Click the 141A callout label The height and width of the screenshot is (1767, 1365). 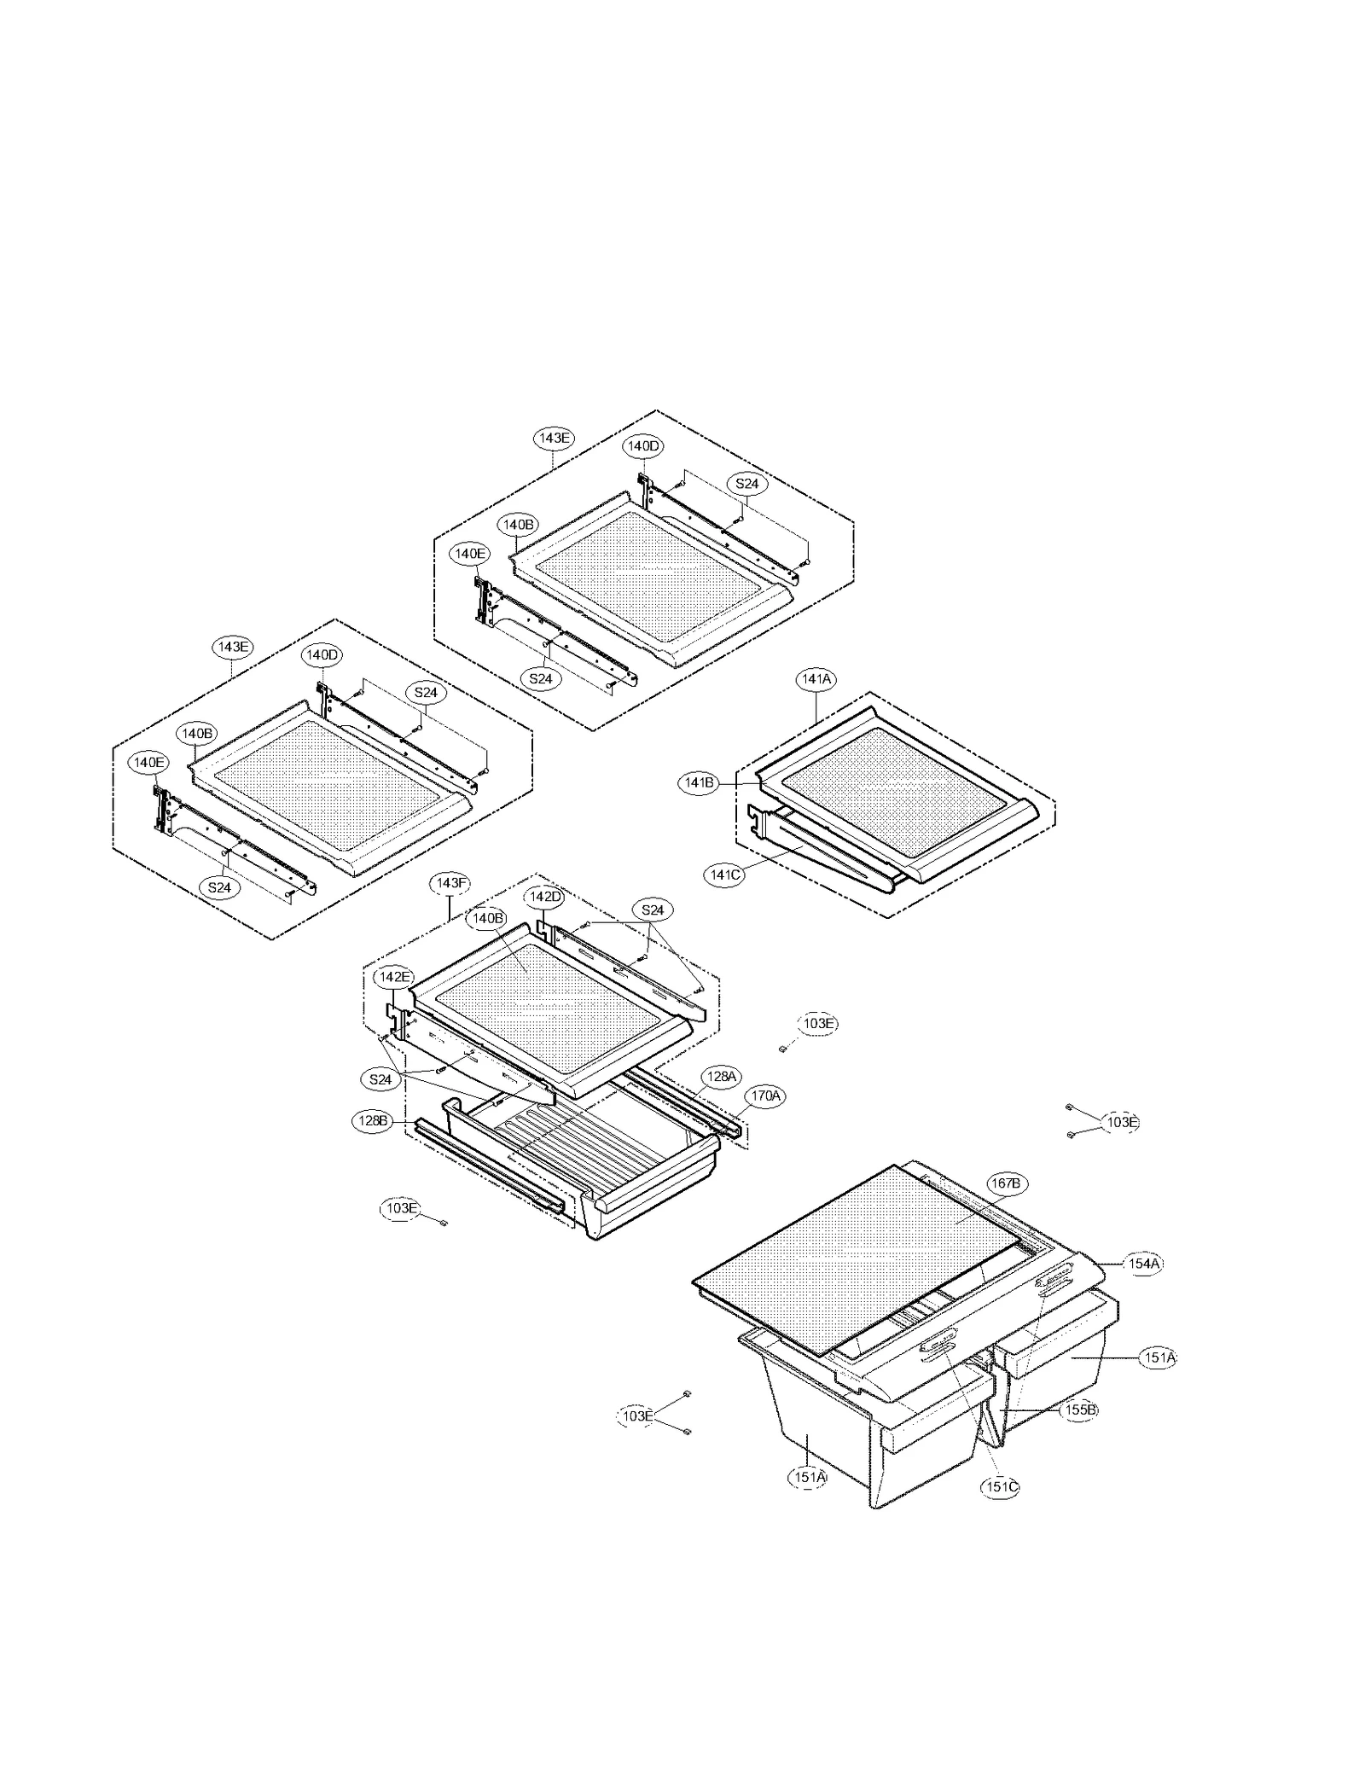(816, 679)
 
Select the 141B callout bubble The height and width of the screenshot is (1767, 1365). (699, 783)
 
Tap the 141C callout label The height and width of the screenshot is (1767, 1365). (724, 875)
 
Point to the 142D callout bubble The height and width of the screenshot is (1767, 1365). (545, 897)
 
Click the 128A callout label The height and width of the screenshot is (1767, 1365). (721, 1076)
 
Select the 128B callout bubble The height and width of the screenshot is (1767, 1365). (372, 1121)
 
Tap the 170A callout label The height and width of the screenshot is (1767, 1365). (765, 1096)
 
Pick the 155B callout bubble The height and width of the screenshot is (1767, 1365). (1078, 1410)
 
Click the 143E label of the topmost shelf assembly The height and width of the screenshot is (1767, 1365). (555, 438)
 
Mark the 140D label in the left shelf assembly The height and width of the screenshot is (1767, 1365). (322, 655)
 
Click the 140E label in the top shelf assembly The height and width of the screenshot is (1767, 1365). (470, 554)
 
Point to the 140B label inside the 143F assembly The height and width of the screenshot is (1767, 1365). (485, 919)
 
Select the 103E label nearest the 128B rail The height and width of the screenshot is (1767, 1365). (399, 1208)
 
